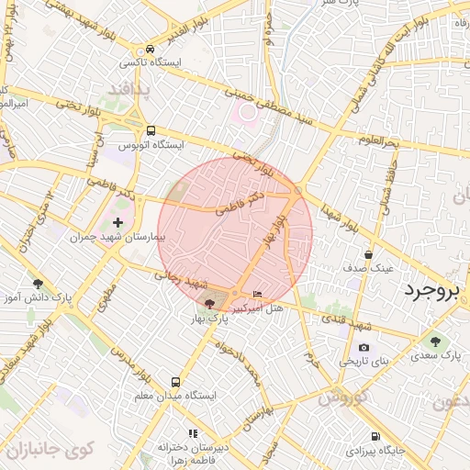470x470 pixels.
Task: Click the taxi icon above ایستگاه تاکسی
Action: pyautogui.click(x=148, y=50)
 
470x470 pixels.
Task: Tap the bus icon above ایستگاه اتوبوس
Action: pyautogui.click(x=150, y=131)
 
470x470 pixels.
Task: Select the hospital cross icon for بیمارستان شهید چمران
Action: pyautogui.click(x=117, y=222)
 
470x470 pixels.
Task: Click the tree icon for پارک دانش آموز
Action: pyautogui.click(x=38, y=284)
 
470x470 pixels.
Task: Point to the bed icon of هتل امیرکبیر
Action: pyautogui.click(x=256, y=294)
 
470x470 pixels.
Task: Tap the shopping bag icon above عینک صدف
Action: pyautogui.click(x=368, y=254)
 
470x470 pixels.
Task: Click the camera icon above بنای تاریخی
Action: pyautogui.click(x=364, y=347)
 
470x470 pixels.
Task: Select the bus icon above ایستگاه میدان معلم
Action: pyautogui.click(x=175, y=381)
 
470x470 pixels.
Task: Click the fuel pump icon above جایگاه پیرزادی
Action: pyautogui.click(x=375, y=437)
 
